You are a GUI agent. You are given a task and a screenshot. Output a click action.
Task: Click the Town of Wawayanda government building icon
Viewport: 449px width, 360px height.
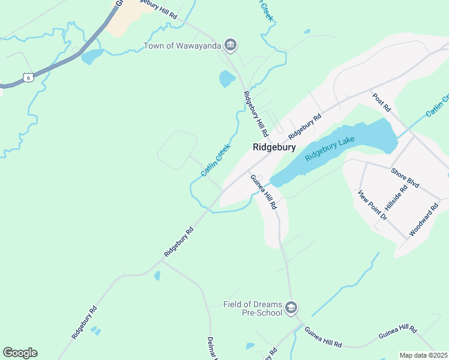tap(231, 45)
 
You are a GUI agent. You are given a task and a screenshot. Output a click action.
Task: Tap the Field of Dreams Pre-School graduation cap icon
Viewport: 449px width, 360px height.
tap(291, 308)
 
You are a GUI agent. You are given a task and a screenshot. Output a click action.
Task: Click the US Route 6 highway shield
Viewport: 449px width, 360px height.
tap(28, 77)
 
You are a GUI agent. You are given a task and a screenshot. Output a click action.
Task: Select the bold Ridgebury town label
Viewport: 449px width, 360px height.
tap(274, 146)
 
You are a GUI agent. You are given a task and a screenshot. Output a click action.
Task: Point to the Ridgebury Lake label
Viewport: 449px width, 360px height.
tap(330, 148)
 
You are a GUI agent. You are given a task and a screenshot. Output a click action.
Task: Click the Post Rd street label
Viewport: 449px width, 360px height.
tap(381, 103)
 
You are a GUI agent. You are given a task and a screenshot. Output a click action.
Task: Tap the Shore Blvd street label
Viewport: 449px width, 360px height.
tap(405, 178)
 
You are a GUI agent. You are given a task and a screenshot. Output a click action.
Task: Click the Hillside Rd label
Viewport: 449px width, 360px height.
tap(396, 197)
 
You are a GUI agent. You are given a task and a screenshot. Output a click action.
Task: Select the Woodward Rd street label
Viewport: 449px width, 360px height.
tap(424, 219)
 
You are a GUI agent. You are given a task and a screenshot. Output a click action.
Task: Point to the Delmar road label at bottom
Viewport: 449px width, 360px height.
tap(211, 347)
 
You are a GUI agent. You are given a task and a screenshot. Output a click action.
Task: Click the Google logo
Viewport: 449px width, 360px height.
tap(20, 353)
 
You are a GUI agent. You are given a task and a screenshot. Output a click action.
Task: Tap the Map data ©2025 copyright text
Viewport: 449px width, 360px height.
tap(423, 355)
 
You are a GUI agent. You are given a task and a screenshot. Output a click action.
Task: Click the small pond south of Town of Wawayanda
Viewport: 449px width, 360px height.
tap(227, 79)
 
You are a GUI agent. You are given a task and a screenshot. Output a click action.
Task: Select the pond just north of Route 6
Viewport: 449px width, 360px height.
tap(92, 57)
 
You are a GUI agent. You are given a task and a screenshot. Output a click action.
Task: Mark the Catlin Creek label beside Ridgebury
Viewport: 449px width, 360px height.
tap(215, 160)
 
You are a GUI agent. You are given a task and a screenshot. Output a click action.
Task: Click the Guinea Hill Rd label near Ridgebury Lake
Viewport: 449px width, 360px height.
tap(264, 191)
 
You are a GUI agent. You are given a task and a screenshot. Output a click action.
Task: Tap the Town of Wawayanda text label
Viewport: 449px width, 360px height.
tap(182, 46)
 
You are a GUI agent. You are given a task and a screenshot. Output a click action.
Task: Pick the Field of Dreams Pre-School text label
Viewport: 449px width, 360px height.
tap(252, 308)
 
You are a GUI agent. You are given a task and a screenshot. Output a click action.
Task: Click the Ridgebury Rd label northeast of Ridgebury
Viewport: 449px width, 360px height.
tap(305, 126)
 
